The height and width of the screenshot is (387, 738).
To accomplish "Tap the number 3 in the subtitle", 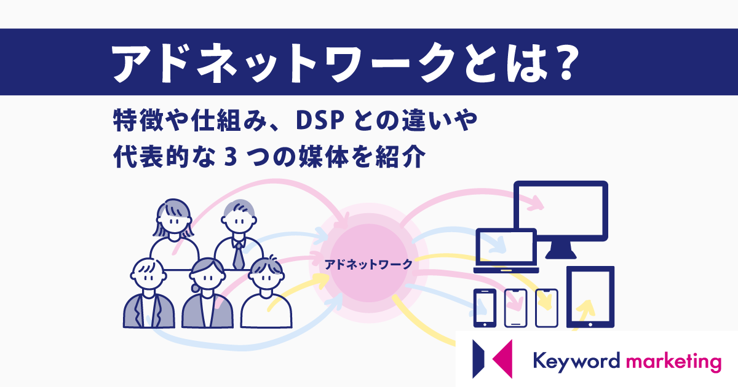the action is pyautogui.click(x=231, y=157).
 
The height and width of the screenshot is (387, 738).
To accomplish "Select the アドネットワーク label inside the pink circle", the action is pyautogui.click(x=368, y=265).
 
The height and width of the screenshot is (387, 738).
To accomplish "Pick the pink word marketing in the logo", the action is pyautogui.click(x=673, y=362).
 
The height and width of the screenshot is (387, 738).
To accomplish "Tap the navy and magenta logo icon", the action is pyautogui.click(x=492, y=359).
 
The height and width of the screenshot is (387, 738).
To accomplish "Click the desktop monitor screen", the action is pyautogui.click(x=561, y=211).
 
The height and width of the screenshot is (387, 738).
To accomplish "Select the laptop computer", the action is pyautogui.click(x=506, y=251).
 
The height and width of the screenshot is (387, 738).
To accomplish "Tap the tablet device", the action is pyautogui.click(x=590, y=297).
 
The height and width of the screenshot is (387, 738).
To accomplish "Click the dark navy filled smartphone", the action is pyautogui.click(x=485, y=308).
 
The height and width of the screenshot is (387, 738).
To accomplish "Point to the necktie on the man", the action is pyautogui.click(x=238, y=256).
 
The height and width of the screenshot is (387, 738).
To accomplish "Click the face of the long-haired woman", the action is pyautogui.click(x=174, y=221).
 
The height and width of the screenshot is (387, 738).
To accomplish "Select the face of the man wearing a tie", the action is pyautogui.click(x=239, y=221).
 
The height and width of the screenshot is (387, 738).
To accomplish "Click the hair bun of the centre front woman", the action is pyautogui.click(x=194, y=288).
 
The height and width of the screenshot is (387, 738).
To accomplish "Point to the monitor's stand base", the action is pyautogui.click(x=561, y=255).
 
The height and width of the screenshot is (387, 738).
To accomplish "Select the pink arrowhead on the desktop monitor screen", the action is pyautogui.click(x=536, y=203).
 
